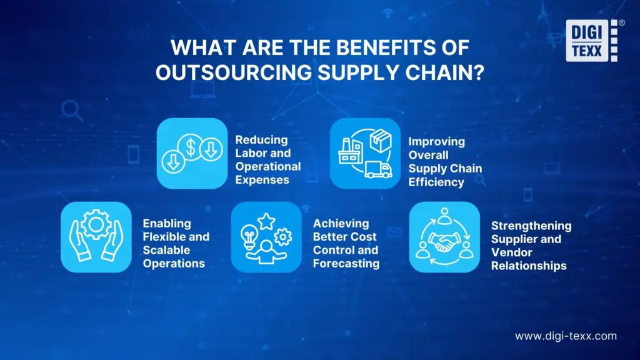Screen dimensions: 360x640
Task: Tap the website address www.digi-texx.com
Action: pyautogui.click(x=566, y=336)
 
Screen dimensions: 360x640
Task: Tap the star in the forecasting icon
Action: pyautogui.click(x=266, y=220)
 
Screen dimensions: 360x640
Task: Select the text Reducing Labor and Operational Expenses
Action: pyautogui.click(x=267, y=159)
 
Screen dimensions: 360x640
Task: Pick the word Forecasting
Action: pyautogui.click(x=346, y=263)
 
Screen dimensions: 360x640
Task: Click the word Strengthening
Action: pyautogui.click(x=531, y=226)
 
